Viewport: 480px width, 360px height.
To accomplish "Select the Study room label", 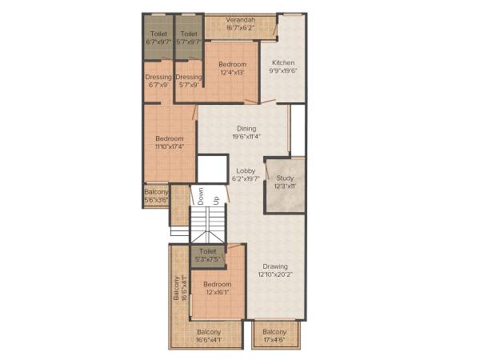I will click(285, 178).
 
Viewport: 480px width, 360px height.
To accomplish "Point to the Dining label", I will click(246, 128).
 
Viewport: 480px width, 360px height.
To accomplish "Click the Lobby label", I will click(246, 170).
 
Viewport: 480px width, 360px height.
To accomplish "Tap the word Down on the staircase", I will click(202, 195).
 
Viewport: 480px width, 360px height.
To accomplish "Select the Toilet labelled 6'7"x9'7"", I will click(158, 34).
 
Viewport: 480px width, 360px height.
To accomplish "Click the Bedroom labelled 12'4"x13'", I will click(233, 64).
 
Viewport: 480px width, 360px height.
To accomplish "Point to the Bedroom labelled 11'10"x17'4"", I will click(169, 138).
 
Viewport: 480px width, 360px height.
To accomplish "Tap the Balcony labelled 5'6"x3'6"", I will click(156, 191).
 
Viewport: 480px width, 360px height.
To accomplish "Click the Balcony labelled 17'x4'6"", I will click(274, 331).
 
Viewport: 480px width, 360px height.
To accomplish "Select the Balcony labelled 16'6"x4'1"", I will click(209, 331).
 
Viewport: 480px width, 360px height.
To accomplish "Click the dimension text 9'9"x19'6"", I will click(283, 70).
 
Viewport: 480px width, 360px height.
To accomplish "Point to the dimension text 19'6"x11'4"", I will click(246, 136).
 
